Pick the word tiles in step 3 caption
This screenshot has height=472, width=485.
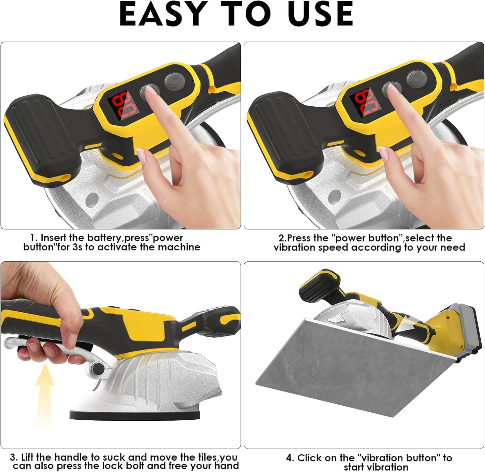click(x=208, y=457)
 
